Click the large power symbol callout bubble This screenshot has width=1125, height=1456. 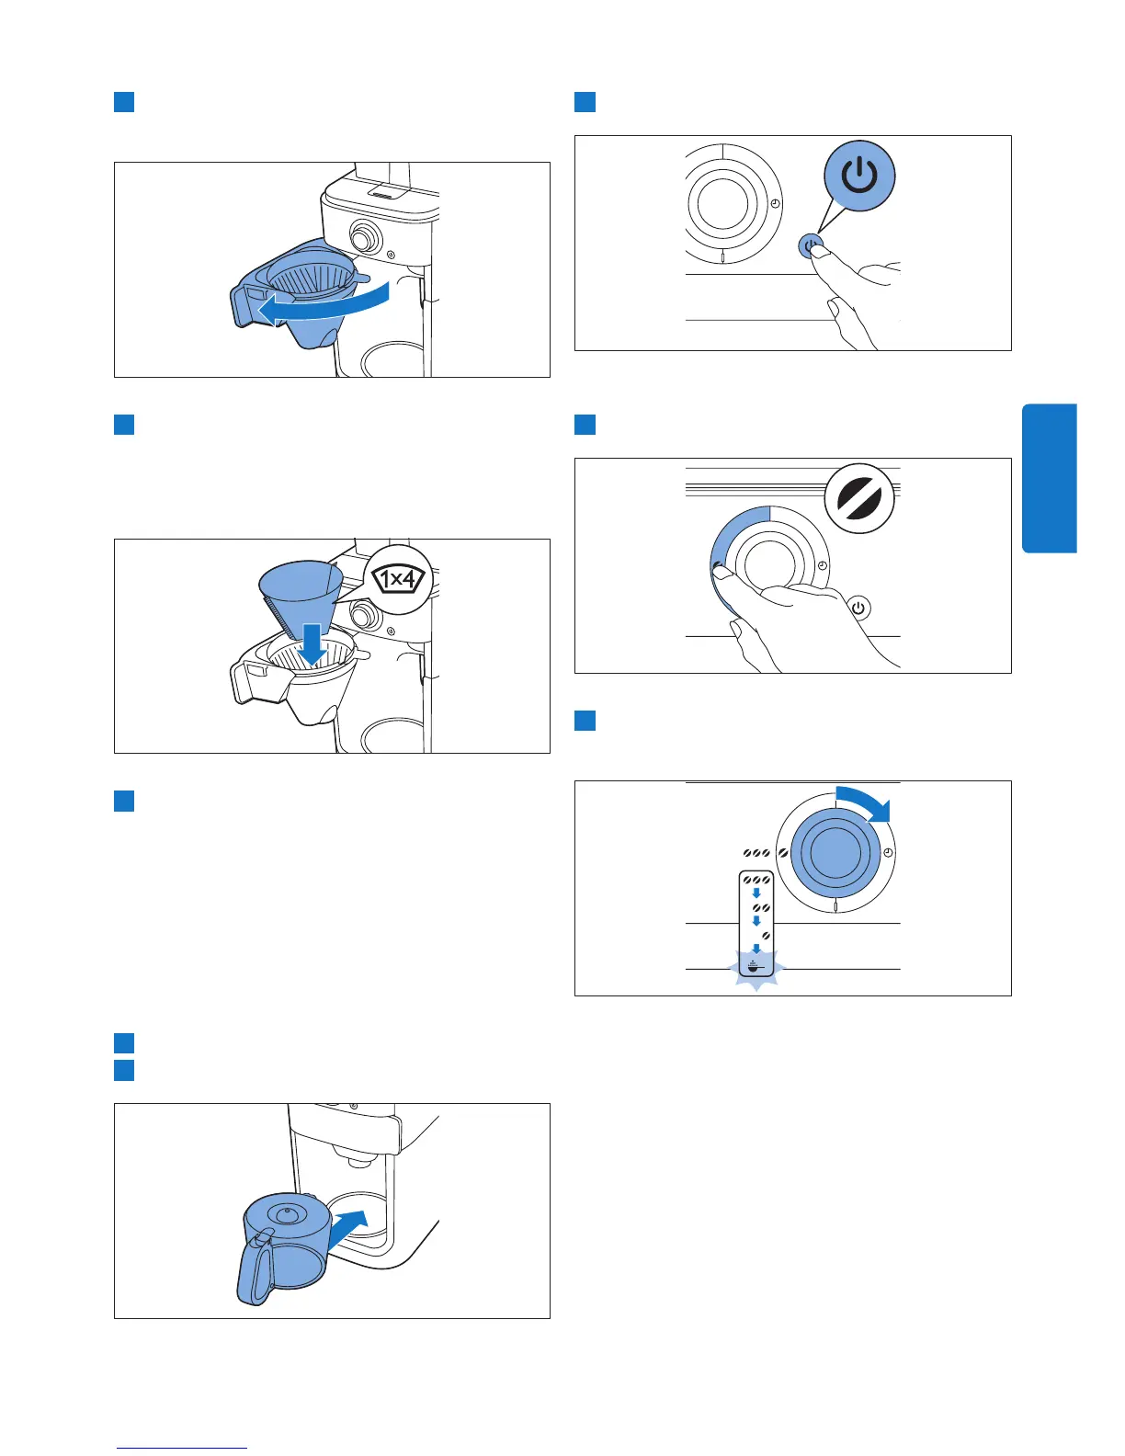pos(859,176)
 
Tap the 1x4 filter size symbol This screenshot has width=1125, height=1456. pos(398,579)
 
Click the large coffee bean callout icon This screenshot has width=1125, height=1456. pos(859,498)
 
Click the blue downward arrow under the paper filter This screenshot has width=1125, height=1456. pos(312,644)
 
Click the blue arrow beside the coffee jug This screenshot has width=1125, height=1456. pos(348,1227)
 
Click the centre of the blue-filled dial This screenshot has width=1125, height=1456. pos(835,852)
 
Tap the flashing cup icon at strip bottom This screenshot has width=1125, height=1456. pos(756,967)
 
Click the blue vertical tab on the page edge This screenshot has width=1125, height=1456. pos(1050,478)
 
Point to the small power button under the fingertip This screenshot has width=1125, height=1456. pos(810,245)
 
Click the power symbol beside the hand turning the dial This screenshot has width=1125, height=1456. pos(859,609)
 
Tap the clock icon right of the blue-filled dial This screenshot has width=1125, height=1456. pos(889,852)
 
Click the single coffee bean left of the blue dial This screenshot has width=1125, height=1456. pos(782,853)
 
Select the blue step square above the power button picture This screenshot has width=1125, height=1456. pos(585,102)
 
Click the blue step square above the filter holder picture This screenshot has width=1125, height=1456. pos(124,102)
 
